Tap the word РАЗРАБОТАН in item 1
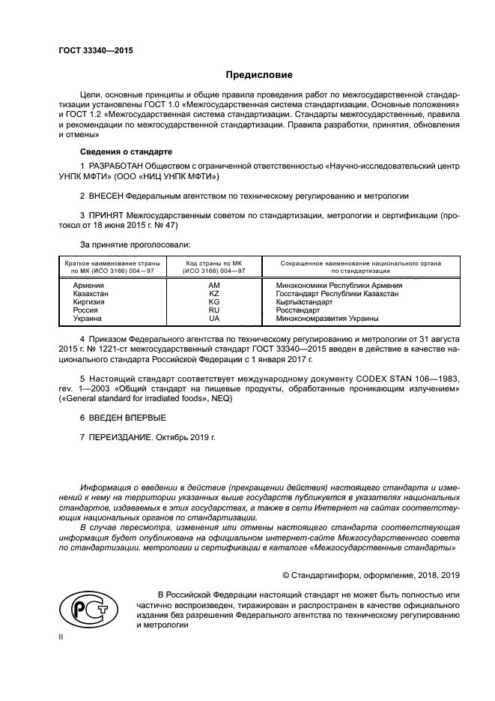(x=114, y=164)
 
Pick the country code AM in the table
(x=214, y=286)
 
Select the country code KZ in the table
(x=214, y=294)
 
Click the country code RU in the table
(x=214, y=310)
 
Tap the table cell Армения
(x=88, y=286)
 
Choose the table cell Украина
(x=88, y=319)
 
